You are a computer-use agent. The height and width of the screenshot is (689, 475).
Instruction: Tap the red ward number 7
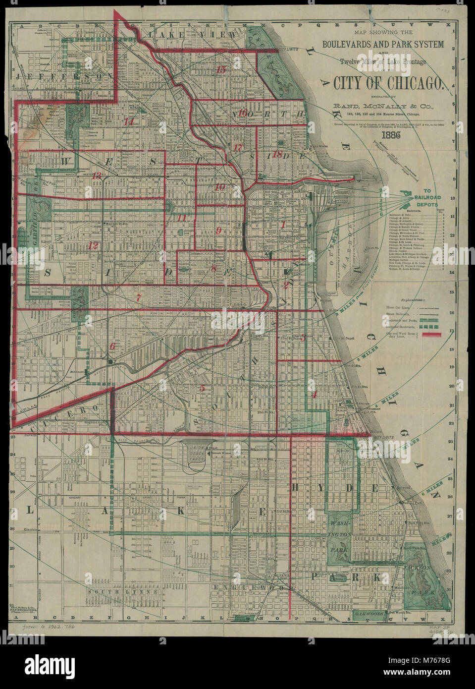tap(139, 298)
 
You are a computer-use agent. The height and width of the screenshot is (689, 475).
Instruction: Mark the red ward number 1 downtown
tap(283, 225)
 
